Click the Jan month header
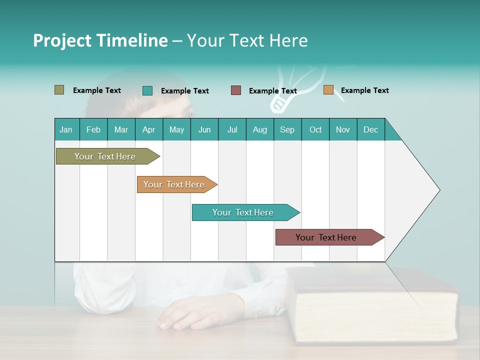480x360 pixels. pyautogui.click(x=66, y=130)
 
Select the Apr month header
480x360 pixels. pyautogui.click(x=149, y=130)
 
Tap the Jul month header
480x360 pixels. pyautogui.click(x=232, y=130)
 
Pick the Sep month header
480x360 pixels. pyautogui.click(x=287, y=130)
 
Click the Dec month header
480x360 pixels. pyautogui.click(x=370, y=130)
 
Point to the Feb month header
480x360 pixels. pyautogui.click(x=93, y=130)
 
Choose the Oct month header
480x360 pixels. pyautogui.click(x=315, y=130)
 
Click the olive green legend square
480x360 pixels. pyautogui.click(x=59, y=90)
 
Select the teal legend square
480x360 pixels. pyautogui.click(x=147, y=90)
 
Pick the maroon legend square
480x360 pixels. pyautogui.click(x=236, y=90)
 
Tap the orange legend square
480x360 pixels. pyautogui.click(x=328, y=90)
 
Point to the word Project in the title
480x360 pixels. pyautogui.click(x=62, y=40)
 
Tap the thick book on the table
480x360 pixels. pyautogui.click(x=375, y=305)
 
